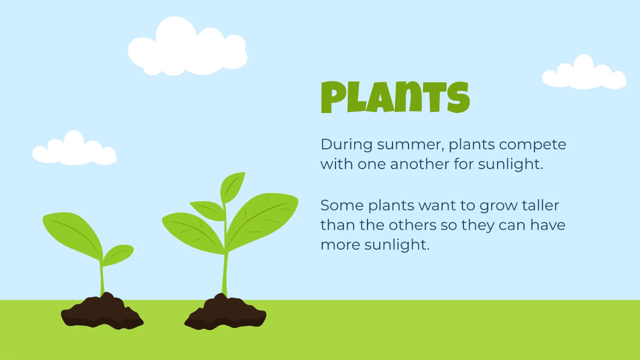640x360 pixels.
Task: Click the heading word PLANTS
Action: click(x=395, y=98)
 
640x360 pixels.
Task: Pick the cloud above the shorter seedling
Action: click(x=74, y=149)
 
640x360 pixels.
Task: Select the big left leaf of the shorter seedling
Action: click(x=72, y=230)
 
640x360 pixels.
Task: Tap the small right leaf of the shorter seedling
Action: click(x=118, y=254)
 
